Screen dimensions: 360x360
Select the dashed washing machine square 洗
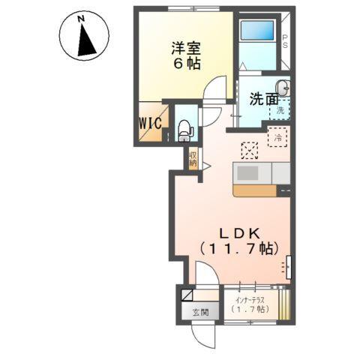tap(280, 109)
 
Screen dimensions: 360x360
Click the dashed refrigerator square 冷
tap(278, 137)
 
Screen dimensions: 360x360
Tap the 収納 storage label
tap(193, 158)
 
